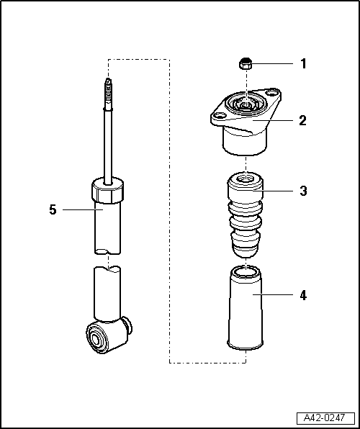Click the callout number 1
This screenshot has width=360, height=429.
(303, 64)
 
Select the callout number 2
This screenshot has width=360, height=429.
(303, 120)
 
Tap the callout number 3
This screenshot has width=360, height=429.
(303, 191)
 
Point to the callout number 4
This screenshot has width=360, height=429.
(303, 295)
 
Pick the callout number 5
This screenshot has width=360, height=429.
(52, 209)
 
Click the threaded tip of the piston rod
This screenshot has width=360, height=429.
(107, 89)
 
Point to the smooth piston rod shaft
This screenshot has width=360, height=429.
(108, 144)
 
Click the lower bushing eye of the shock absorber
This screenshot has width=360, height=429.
(97, 336)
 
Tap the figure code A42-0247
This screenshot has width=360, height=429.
(325, 417)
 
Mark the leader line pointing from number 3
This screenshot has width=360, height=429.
(281, 191)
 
